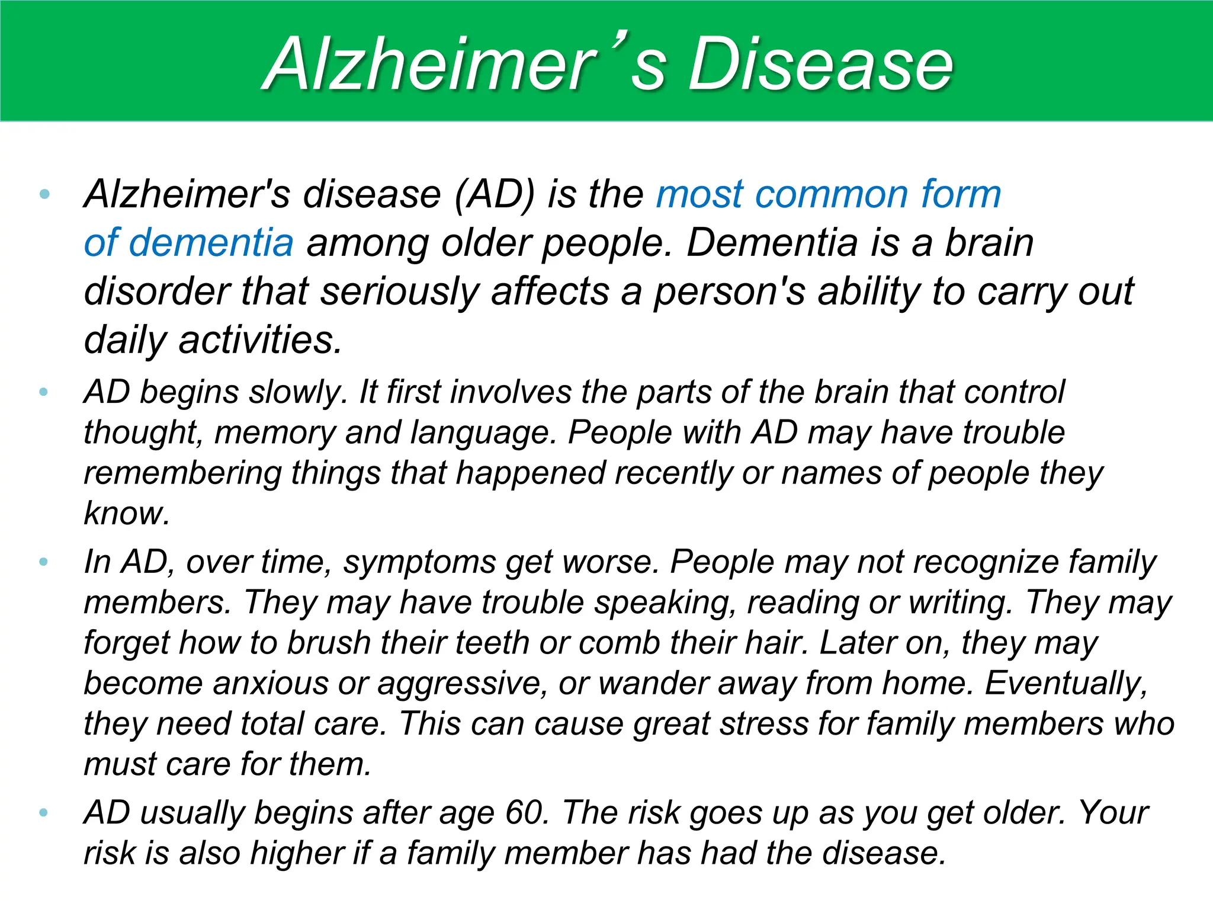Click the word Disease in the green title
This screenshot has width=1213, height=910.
[x=820, y=64]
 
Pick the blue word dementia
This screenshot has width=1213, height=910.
[x=211, y=243]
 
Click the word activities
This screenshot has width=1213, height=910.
[x=261, y=340]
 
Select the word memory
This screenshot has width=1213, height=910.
[x=275, y=432]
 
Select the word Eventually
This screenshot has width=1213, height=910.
[x=1066, y=683]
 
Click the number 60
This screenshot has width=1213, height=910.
[x=524, y=812]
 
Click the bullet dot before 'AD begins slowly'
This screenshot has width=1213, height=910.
[x=43, y=392]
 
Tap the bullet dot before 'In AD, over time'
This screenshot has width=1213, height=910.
[x=43, y=561]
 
